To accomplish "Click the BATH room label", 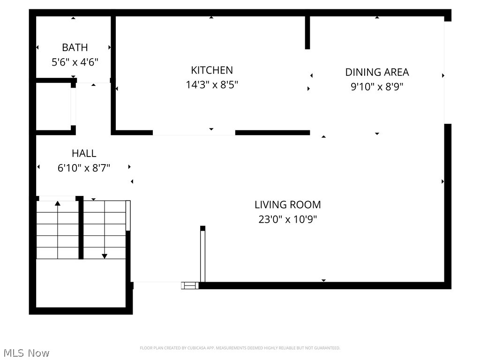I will (75, 47).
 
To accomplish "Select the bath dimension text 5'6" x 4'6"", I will (75, 62).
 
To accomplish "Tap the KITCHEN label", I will (212, 70).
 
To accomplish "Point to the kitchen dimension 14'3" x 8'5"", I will (212, 85).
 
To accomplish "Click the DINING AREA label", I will (377, 72).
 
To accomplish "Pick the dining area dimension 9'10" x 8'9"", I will (377, 87).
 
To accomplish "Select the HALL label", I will (84, 153).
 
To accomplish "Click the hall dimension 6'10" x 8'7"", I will (84, 168).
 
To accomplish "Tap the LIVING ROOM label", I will (288, 205).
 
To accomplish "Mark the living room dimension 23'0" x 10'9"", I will (288, 219).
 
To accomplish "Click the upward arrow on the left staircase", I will (58, 203).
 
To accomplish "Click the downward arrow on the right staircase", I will (105, 255).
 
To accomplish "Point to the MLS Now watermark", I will (26, 353).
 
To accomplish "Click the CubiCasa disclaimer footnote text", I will (240, 348).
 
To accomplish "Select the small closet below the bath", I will (53, 106).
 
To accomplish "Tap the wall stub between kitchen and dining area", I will (307, 32).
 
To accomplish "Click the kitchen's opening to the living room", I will (194, 133).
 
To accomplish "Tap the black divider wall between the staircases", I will (81, 228).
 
